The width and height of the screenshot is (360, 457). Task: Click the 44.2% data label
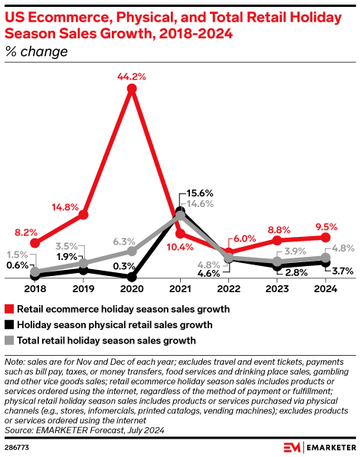pyautogui.click(x=133, y=77)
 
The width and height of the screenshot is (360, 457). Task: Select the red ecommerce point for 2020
pyautogui.click(x=132, y=89)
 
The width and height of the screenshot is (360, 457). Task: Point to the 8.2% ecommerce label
pyautogui.click(x=27, y=232)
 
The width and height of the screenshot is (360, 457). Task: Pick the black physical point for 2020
pyautogui.click(x=132, y=277)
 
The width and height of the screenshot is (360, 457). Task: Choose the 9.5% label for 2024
pyautogui.click(x=326, y=226)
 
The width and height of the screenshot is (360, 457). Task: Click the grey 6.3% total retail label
pyautogui.click(x=124, y=241)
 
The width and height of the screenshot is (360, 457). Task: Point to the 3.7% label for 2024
pyautogui.click(x=342, y=271)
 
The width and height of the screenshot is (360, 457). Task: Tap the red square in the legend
pyautogui.click(x=10, y=309)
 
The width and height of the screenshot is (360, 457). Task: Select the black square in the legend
pyautogui.click(x=10, y=324)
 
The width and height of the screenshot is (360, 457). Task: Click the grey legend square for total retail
pyautogui.click(x=10, y=340)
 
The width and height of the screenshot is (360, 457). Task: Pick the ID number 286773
pyautogui.click(x=17, y=446)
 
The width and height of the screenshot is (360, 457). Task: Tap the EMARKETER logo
pyautogui.click(x=317, y=447)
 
